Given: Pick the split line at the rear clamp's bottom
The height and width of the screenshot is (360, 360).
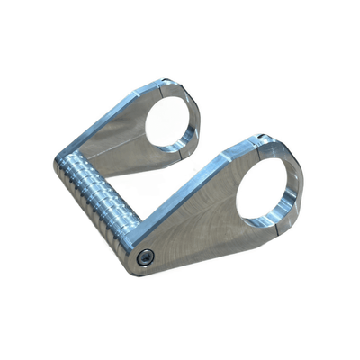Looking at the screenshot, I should pos(186,156).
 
